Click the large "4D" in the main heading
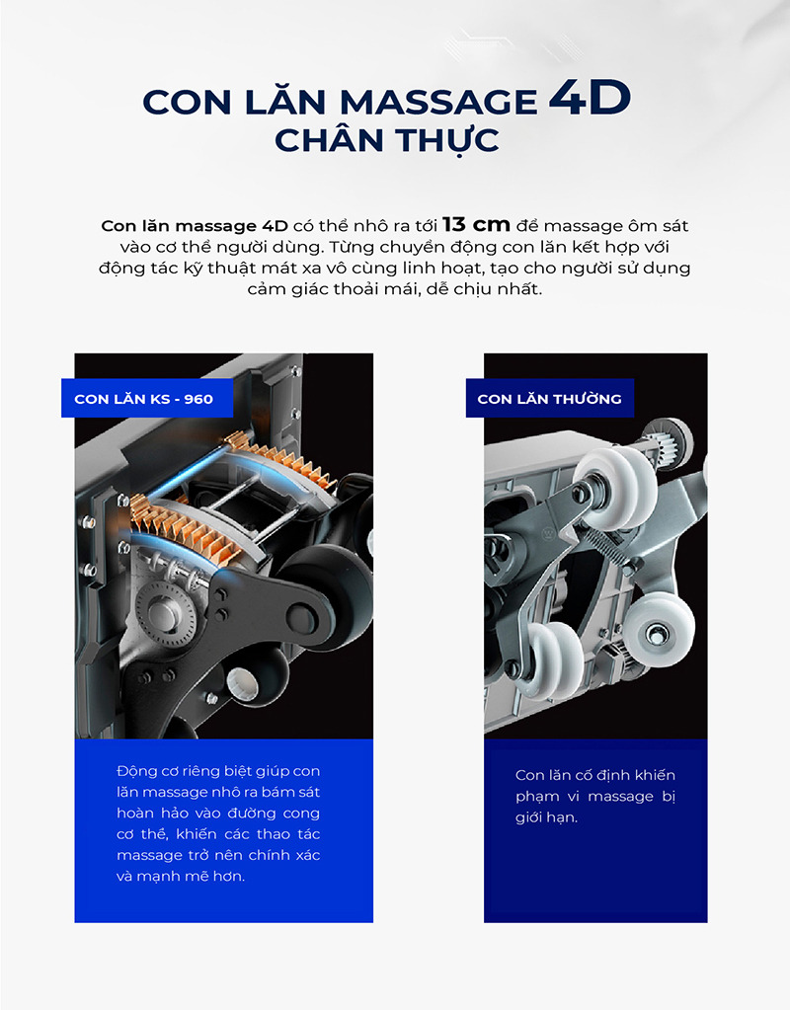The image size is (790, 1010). click(x=589, y=98)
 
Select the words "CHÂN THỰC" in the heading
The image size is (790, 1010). click(x=387, y=140)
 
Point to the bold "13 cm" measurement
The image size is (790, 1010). click(x=476, y=225)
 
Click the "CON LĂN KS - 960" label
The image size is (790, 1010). click(x=144, y=399)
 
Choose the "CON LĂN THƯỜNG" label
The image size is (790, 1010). click(x=549, y=399)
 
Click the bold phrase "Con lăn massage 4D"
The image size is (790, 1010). click(x=195, y=226)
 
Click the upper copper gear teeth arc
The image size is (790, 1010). click(x=284, y=459)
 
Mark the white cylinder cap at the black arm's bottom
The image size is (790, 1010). click(x=243, y=684)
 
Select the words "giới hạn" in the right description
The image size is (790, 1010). click(x=546, y=818)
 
